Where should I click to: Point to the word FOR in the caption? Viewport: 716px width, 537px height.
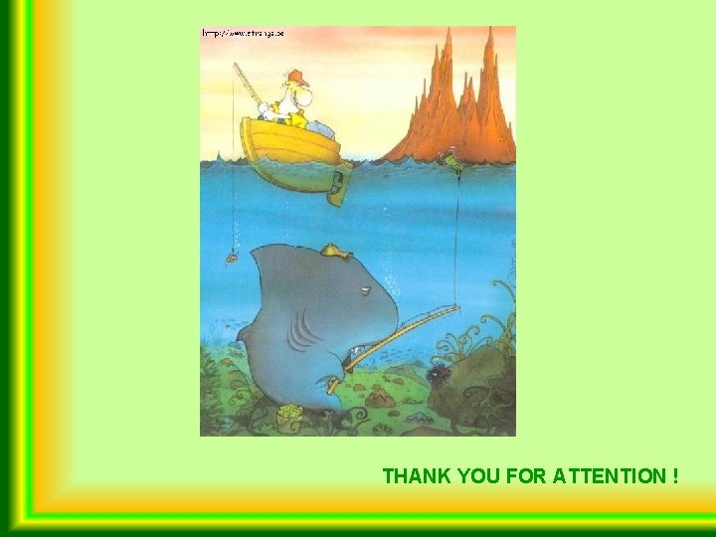[526, 476]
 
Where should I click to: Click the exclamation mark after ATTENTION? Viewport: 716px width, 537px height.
[675, 476]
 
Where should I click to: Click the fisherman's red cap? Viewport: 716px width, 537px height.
[295, 77]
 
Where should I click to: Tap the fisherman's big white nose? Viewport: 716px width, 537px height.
[305, 96]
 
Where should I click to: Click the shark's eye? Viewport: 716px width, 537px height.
[366, 289]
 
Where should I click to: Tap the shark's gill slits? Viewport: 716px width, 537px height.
[297, 332]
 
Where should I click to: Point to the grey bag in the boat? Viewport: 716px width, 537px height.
[320, 127]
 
